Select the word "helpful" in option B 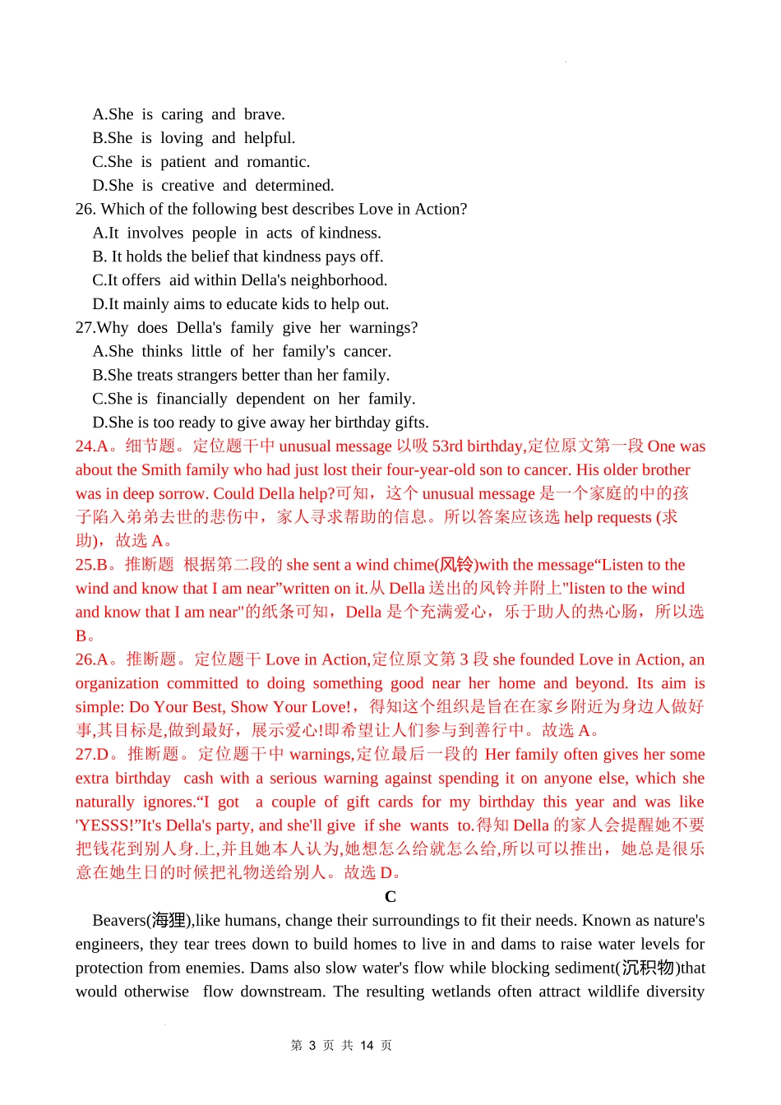click(267, 138)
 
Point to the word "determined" click(293, 186)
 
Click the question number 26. click(85, 209)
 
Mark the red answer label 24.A click(92, 446)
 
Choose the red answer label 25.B click(92, 565)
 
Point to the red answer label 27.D click(93, 755)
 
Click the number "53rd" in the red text click(447, 446)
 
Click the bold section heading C click(390, 897)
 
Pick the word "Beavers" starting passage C click(119, 921)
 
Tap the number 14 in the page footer click(367, 1046)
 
